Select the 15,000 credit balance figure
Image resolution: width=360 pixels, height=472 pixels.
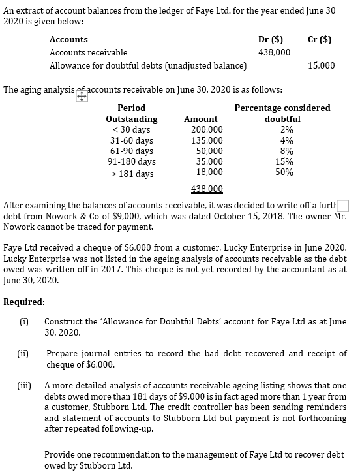322,65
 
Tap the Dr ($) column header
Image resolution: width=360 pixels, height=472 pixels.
270,39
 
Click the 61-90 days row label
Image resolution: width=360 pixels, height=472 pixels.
131,151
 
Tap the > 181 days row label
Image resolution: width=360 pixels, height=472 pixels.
132,174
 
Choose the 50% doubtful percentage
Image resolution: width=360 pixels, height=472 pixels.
284,173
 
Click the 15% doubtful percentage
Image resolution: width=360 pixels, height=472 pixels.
284,162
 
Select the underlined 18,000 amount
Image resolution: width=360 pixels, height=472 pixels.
209,173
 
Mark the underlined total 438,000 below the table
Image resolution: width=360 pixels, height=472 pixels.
207,189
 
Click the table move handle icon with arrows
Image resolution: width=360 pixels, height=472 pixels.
82,96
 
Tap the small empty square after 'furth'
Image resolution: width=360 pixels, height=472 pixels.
344,207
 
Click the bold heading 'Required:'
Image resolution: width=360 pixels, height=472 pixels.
24,302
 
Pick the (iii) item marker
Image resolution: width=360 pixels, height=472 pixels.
27,385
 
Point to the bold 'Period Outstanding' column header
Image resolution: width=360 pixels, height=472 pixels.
131,114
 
